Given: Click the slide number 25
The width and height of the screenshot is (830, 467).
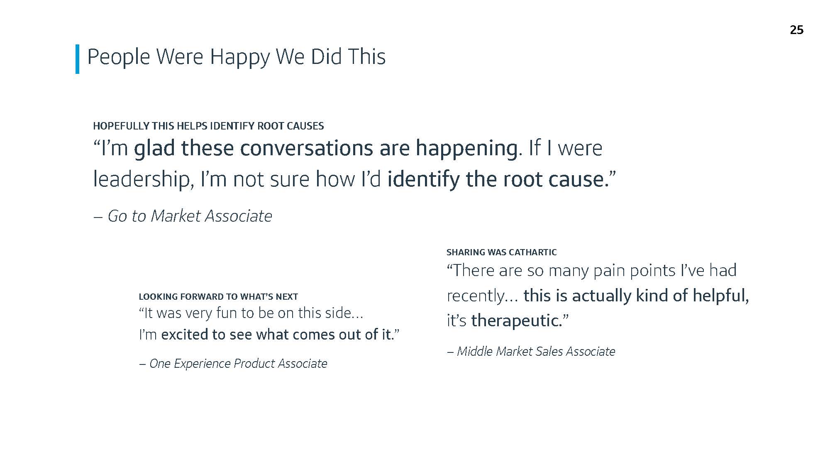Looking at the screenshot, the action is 796,30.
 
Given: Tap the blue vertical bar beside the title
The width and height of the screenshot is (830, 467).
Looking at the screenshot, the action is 77,59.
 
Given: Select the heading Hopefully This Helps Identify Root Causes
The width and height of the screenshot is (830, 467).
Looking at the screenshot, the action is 208,126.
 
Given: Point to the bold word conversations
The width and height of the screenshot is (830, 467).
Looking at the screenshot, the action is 306,148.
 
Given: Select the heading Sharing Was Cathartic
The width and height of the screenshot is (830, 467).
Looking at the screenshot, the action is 501,252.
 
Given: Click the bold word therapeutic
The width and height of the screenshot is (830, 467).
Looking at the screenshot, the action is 516,321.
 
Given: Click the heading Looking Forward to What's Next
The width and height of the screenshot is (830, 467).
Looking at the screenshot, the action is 218,296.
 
